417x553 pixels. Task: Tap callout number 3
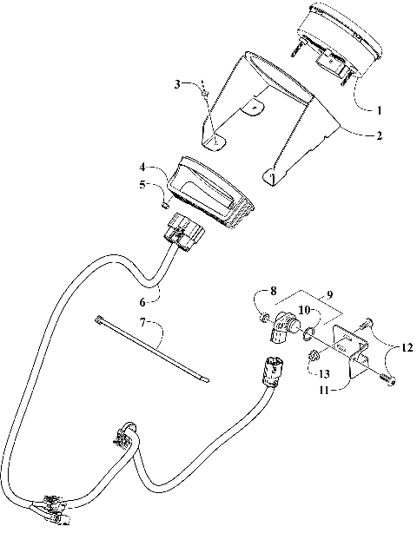(x=177, y=84)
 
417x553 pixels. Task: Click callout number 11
(x=323, y=390)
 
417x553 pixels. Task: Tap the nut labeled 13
(x=311, y=356)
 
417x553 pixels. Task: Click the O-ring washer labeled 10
(x=308, y=330)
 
